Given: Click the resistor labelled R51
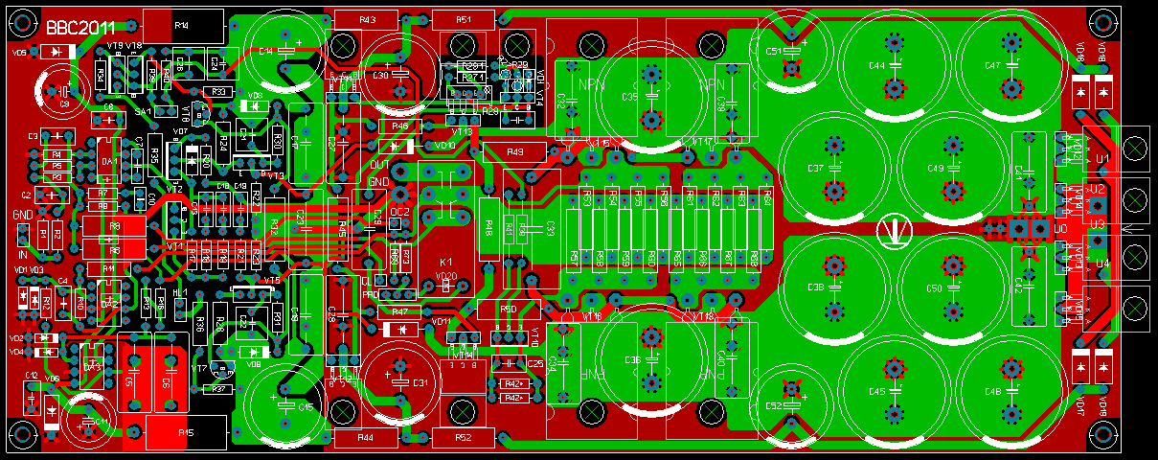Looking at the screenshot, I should [464, 19].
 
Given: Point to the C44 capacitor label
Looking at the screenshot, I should [876, 65].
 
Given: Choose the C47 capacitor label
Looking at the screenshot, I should [992, 65].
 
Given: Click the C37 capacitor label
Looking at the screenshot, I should [816, 168].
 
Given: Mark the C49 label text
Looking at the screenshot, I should [936, 168].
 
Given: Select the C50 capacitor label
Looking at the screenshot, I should [936, 287].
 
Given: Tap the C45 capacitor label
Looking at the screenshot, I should [876, 391].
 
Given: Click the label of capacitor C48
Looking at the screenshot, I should [992, 391].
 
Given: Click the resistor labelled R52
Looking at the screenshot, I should [464, 438].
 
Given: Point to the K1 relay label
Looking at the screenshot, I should [445, 263].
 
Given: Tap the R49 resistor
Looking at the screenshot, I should [515, 151].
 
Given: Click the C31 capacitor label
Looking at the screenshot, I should [420, 383].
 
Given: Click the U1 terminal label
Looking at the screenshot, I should [1102, 157].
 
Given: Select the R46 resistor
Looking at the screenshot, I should [400, 126].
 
